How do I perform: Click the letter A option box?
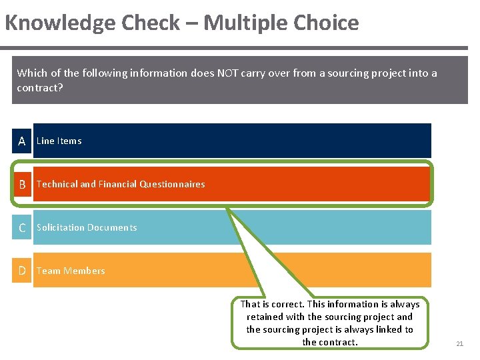click(22, 141)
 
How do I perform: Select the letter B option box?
click(22, 184)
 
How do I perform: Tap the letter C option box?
click(22, 227)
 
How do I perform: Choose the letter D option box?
click(22, 271)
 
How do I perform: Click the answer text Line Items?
click(59, 141)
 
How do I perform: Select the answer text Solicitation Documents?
click(87, 227)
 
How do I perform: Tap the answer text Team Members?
click(71, 271)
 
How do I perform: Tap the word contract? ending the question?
click(40, 87)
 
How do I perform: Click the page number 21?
click(459, 344)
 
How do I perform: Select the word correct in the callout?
click(289, 304)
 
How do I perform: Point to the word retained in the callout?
click(266, 317)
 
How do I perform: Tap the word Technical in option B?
click(57, 184)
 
